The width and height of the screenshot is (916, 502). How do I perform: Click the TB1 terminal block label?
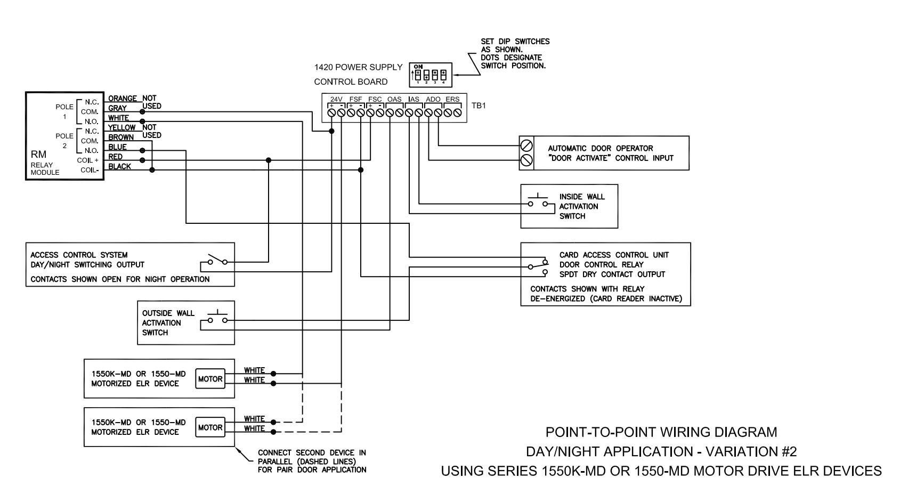click(x=479, y=106)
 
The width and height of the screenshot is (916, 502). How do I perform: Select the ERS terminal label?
click(x=452, y=99)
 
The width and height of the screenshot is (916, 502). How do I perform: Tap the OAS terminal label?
click(x=394, y=99)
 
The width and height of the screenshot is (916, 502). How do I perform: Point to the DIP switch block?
click(x=430, y=75)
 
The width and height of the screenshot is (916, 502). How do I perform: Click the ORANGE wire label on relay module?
click(x=123, y=99)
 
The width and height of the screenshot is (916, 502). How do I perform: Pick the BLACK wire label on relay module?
click(x=119, y=166)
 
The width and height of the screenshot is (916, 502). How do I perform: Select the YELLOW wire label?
click(x=122, y=128)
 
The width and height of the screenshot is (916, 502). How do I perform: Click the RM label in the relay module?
click(x=38, y=155)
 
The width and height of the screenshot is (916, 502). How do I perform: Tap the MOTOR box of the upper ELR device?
click(x=210, y=379)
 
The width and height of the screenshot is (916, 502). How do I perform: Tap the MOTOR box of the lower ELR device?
click(x=210, y=427)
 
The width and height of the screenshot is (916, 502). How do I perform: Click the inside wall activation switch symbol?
click(x=538, y=201)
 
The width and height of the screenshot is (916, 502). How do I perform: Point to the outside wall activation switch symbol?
click(x=218, y=318)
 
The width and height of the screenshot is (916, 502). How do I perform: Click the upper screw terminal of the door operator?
click(x=526, y=145)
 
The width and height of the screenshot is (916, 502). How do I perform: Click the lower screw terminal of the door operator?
click(x=526, y=160)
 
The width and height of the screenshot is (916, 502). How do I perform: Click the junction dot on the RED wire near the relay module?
click(x=142, y=160)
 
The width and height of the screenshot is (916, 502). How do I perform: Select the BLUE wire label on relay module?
click(x=117, y=147)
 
